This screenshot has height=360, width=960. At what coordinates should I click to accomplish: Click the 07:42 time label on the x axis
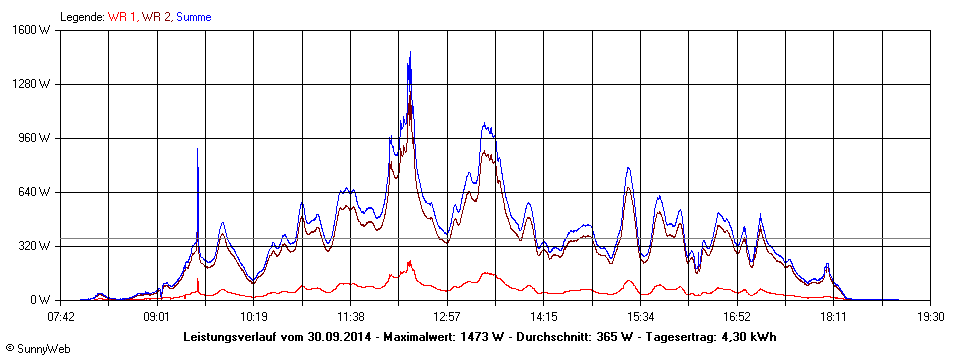pos(61,316)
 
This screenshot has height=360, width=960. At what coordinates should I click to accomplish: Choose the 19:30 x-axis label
pos(930,316)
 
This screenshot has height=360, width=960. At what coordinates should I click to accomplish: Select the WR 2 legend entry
pos(157,17)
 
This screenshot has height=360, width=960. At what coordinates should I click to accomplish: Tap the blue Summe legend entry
pos(193,17)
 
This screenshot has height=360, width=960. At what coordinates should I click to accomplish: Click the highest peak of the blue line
pos(410,52)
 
